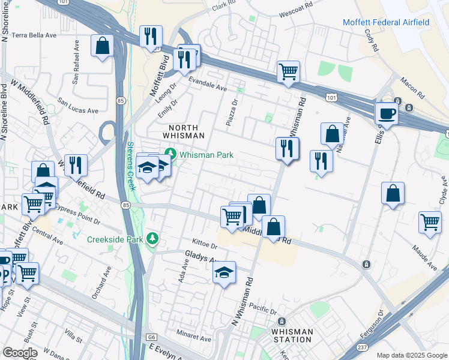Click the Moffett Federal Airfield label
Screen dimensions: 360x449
tap(386, 22)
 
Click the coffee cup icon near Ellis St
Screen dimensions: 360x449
tap(386, 113)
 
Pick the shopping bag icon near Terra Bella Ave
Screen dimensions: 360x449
tap(103, 46)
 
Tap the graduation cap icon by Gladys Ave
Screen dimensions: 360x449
tap(224, 272)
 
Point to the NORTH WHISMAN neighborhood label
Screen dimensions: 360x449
tap(187, 131)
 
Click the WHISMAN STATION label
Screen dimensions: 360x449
tap(292, 335)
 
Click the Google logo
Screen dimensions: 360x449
tap(20, 352)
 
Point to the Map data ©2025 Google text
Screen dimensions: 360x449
tap(411, 355)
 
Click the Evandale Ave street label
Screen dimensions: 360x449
tap(207, 88)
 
